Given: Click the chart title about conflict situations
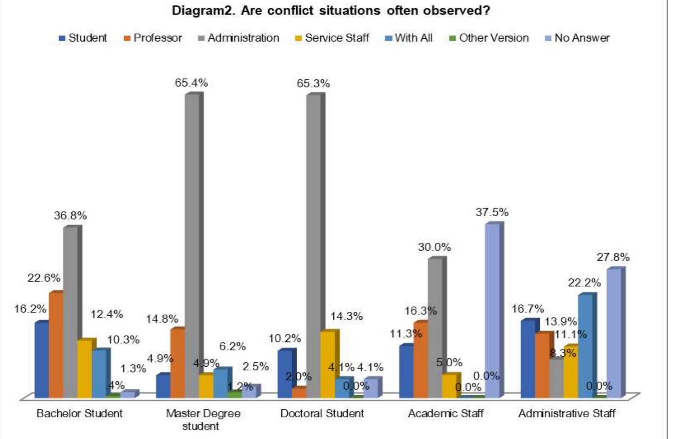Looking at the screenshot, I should pos(331,11).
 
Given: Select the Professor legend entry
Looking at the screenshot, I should pos(153,38).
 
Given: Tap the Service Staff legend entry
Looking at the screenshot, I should pos(332,38).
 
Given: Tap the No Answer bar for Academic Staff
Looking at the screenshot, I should pos(492,311).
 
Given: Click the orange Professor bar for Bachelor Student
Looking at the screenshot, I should pos(56,345).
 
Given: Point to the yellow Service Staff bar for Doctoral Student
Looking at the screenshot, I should pos(328,365).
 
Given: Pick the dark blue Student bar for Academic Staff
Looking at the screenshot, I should pos(406,371).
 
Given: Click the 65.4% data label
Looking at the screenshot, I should pos(192,83).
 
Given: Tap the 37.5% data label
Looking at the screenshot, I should pos(492,212).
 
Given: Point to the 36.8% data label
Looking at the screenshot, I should pos(70,216).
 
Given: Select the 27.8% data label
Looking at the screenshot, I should pos(613,257).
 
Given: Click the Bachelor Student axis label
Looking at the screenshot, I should pos(79,413).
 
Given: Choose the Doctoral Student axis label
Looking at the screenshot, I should pos(322,413).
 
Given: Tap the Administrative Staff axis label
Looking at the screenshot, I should pos(567,413).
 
